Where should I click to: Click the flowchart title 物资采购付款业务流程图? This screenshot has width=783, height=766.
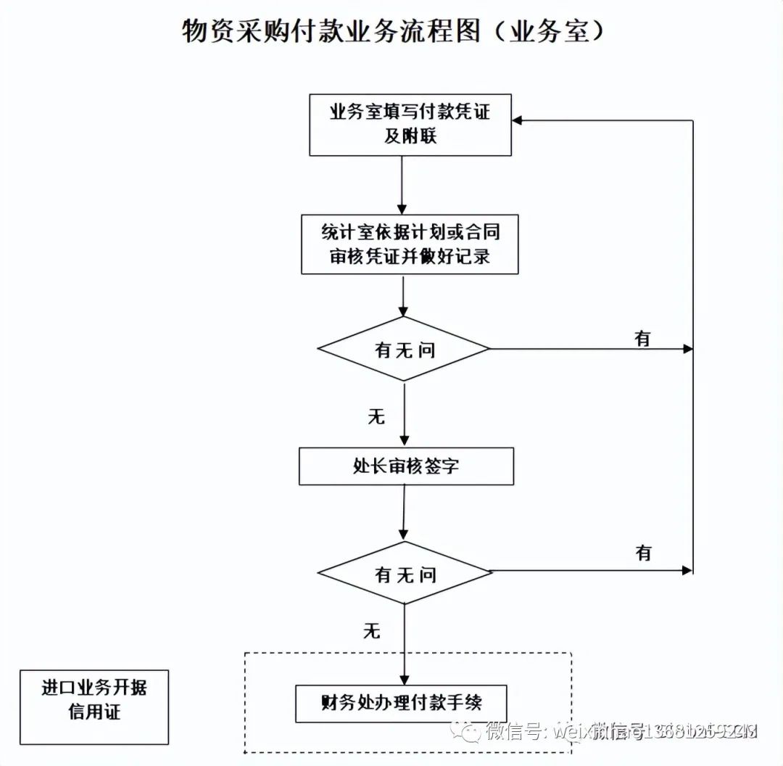coord(330,31)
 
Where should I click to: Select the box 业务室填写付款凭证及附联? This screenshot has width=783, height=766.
coord(410,125)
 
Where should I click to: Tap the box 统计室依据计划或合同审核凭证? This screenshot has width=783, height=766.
coord(410,244)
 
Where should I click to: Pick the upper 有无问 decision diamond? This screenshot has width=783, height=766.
coord(405,349)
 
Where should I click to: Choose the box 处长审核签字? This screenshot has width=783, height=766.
coord(406,466)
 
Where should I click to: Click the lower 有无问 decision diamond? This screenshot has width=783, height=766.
coord(405,573)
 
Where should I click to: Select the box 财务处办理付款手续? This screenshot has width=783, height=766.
coord(401,702)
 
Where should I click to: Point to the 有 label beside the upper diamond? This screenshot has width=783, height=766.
coord(642,338)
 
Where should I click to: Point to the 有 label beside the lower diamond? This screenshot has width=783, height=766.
coord(644,553)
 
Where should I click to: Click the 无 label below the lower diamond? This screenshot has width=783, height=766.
coord(371,630)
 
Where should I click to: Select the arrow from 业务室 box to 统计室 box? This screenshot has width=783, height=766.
coord(402,184)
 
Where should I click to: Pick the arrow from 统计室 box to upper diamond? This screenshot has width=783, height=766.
coord(402,295)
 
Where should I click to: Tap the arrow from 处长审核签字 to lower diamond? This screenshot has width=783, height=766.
coord(403,513)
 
